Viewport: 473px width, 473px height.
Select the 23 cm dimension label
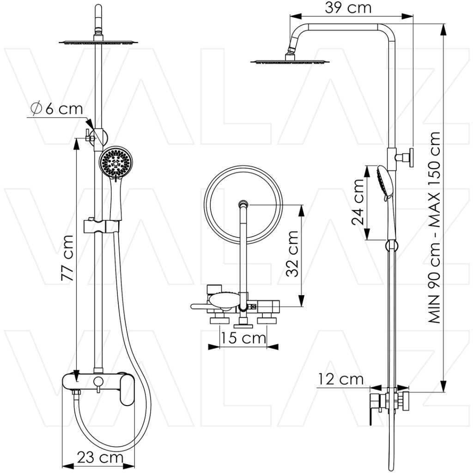point(100,458)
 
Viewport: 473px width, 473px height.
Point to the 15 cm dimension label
point(243,338)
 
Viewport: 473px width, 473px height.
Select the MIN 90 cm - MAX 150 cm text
point(434,227)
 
